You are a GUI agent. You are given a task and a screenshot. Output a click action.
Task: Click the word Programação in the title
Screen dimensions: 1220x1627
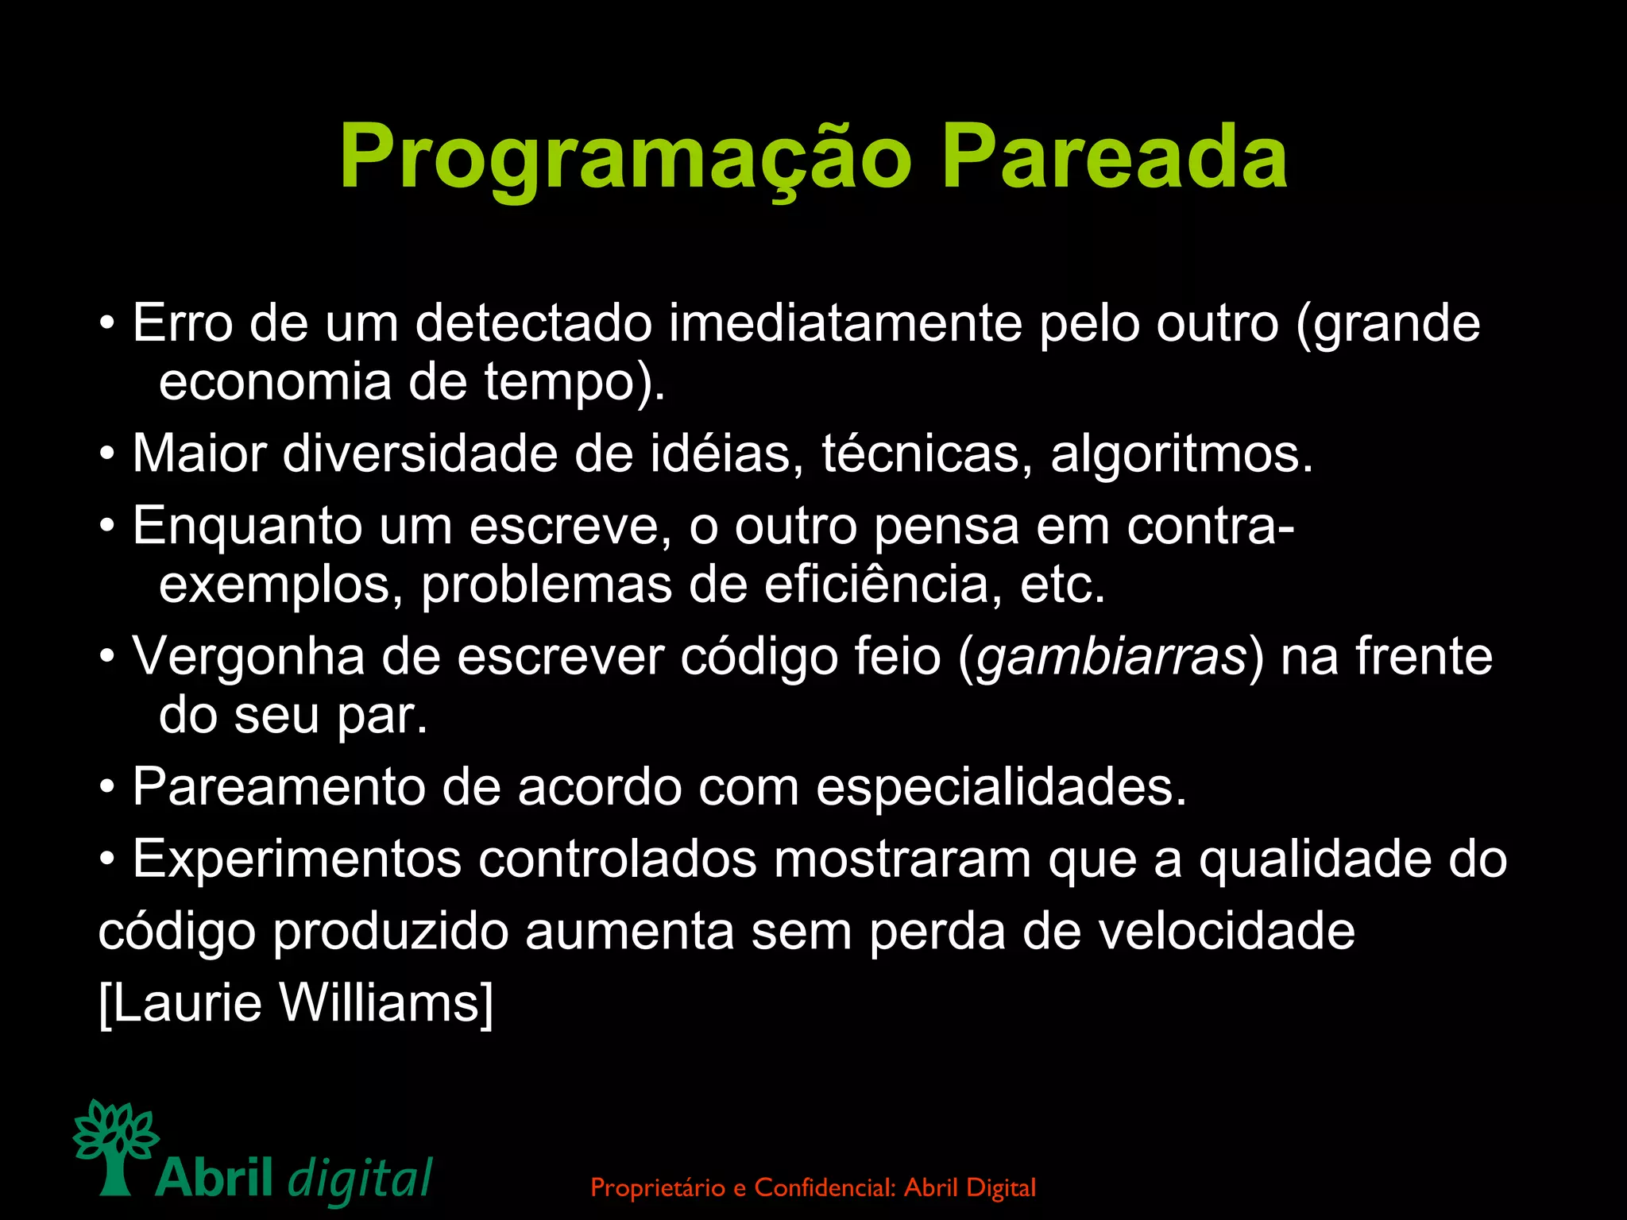pos(624,159)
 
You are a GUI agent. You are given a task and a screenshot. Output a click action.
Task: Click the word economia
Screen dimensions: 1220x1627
pos(275,383)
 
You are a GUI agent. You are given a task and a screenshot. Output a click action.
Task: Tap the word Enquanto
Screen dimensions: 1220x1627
pos(246,527)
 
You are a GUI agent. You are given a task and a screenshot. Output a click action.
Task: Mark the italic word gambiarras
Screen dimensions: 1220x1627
pos(1111,658)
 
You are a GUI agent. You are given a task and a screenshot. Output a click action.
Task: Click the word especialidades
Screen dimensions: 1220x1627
pos(1001,788)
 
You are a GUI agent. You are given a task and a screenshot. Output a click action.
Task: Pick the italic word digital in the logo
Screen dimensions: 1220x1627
pos(361,1179)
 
